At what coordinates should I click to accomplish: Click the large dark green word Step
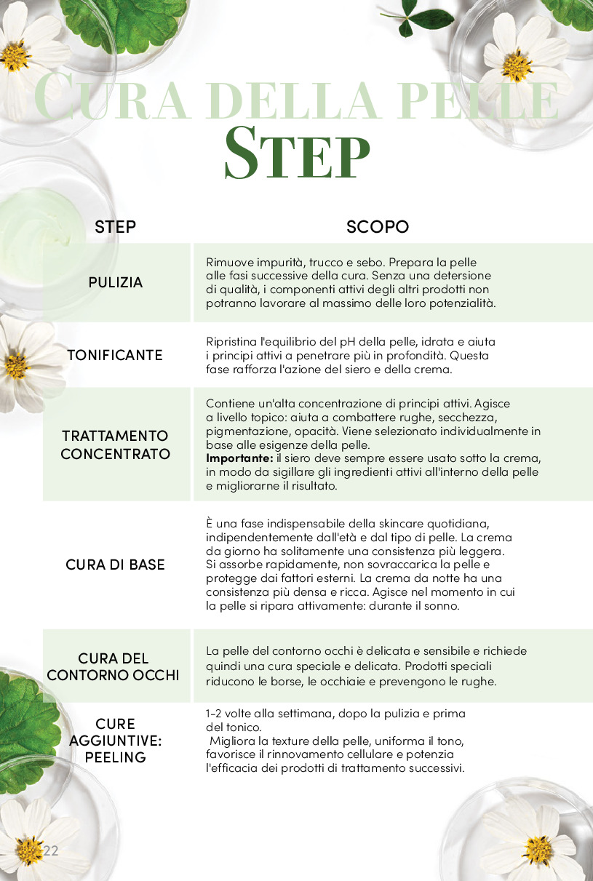coord(298,154)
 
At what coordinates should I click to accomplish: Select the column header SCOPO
coord(378,227)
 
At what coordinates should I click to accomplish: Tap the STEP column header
coord(115,227)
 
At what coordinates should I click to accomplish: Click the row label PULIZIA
coord(115,282)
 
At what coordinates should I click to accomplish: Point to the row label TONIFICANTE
coord(115,355)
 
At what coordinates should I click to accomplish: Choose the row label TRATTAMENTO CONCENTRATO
coord(115,445)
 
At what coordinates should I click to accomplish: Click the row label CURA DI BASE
coord(115,565)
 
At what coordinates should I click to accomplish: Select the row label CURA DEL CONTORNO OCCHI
coord(114,666)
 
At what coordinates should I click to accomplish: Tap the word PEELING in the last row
coord(116,757)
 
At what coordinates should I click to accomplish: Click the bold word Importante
coord(239,458)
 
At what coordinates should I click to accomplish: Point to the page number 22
coord(51,850)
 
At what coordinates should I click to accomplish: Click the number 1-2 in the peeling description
coord(213,714)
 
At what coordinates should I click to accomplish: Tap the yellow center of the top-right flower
coord(517,66)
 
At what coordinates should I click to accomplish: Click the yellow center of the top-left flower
coord(15,55)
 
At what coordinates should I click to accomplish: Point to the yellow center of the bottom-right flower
coord(538,851)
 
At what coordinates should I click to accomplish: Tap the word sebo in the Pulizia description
coord(369,263)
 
